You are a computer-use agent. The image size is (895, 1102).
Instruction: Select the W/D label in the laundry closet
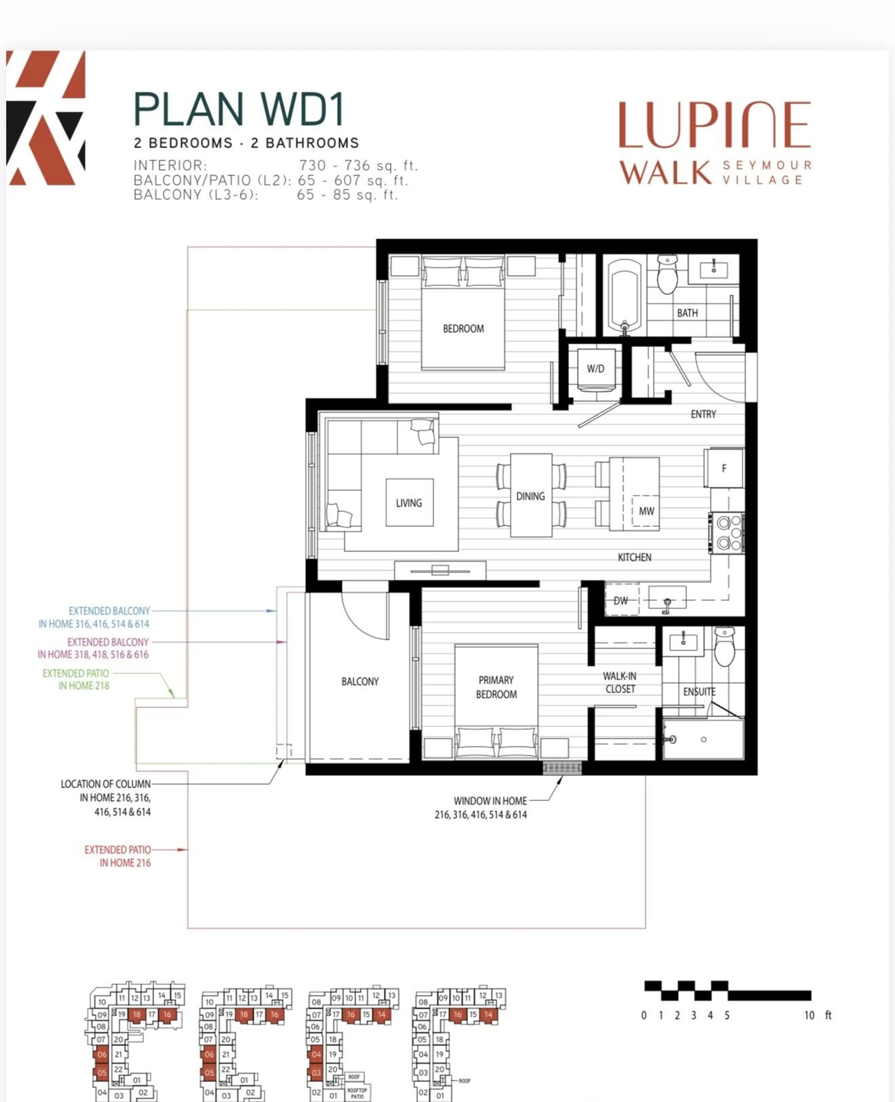[x=596, y=369]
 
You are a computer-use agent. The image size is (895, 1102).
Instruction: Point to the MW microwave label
[x=646, y=511]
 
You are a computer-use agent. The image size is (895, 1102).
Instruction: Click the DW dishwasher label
[x=621, y=600]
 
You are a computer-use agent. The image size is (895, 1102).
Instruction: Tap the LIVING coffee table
[x=409, y=502]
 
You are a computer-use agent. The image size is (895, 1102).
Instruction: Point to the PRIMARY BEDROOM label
[x=496, y=687]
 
